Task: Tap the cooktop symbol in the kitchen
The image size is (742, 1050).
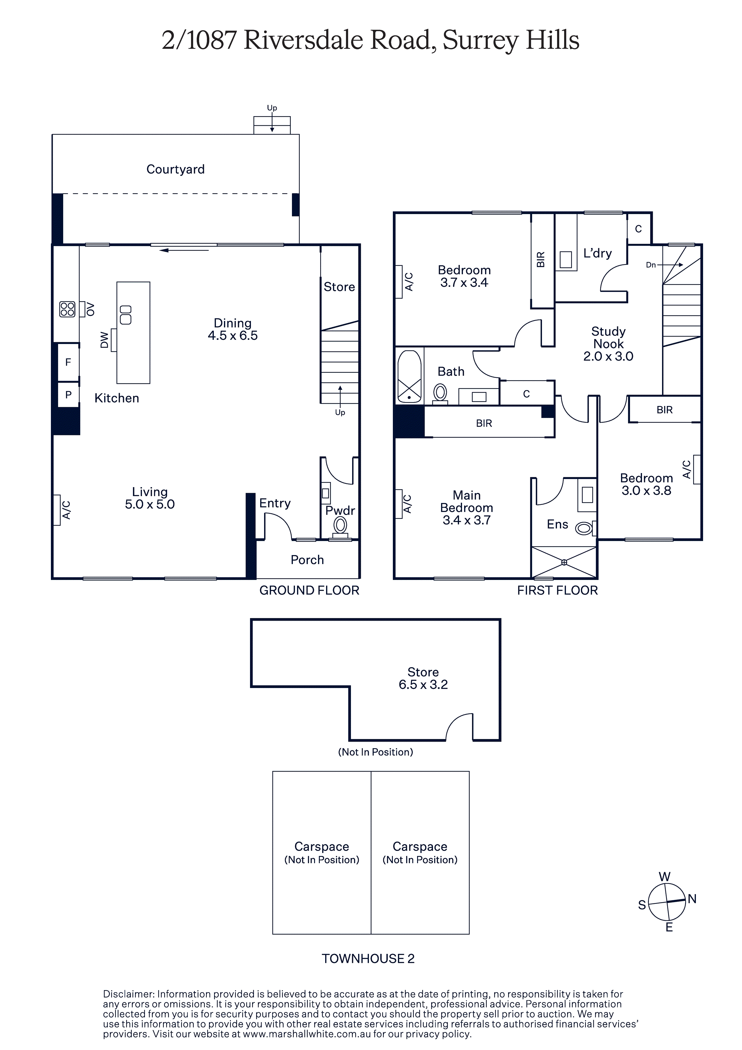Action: (x=67, y=309)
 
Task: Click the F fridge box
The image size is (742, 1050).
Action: (x=68, y=362)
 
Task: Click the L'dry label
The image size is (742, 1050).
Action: (x=597, y=253)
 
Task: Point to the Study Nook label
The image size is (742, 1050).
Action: (x=608, y=337)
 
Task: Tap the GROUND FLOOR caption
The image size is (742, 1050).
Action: (x=309, y=590)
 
